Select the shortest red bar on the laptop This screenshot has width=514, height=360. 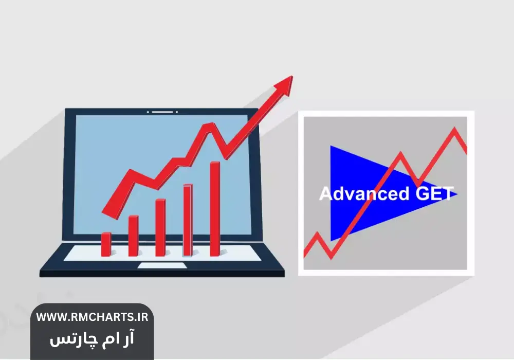coord(106,244)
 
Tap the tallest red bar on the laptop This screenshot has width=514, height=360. coord(215,209)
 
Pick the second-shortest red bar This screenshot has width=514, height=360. coord(134,236)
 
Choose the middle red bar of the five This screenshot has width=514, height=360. coord(160,227)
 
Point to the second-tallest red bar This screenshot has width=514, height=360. coord(188,220)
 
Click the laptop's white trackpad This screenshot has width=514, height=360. coord(162,265)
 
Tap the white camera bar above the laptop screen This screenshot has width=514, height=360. coord(162,112)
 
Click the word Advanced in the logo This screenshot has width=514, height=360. coord(364,193)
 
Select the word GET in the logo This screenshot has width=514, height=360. coord(435,193)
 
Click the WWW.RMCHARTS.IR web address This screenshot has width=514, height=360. coord(92,317)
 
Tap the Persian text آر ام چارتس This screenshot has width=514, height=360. coord(92,339)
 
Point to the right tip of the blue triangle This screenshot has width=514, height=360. coord(457,194)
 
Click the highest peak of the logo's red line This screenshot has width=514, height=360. coord(455,129)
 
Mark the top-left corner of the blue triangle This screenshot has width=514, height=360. coord(331,146)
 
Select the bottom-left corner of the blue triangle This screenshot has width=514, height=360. coord(331,241)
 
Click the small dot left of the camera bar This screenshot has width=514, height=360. coord(148,112)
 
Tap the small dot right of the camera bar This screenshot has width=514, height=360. coord(177,112)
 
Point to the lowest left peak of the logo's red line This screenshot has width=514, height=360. coord(317,233)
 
